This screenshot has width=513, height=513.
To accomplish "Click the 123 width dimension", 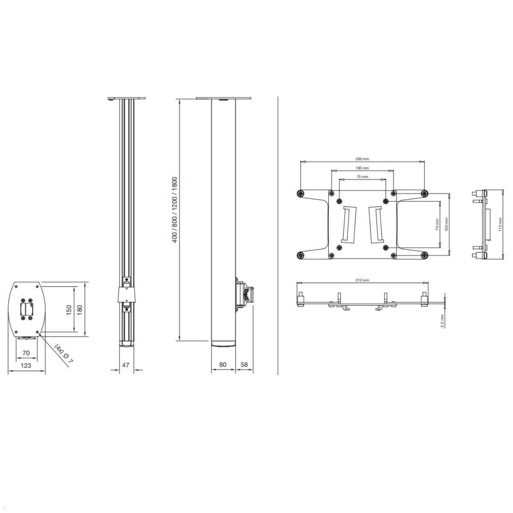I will point(26,366).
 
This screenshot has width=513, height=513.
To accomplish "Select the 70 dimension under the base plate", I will point(26,353).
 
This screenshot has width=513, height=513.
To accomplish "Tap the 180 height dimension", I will point(79,308).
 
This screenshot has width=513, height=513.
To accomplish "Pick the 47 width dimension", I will point(125,365).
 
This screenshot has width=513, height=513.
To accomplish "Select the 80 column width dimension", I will point(223,365).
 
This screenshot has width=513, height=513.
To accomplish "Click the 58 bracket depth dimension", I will point(244,365).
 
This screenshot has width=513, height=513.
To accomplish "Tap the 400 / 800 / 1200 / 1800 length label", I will point(174,210).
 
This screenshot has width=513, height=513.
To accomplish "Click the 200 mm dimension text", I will point(363,159).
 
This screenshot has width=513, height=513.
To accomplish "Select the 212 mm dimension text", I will point(363,280).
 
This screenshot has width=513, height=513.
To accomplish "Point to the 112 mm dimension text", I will point(500,224).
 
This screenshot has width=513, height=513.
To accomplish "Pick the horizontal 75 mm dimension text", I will point(363,177).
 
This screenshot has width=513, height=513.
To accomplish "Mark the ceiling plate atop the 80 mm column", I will point(223,98).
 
